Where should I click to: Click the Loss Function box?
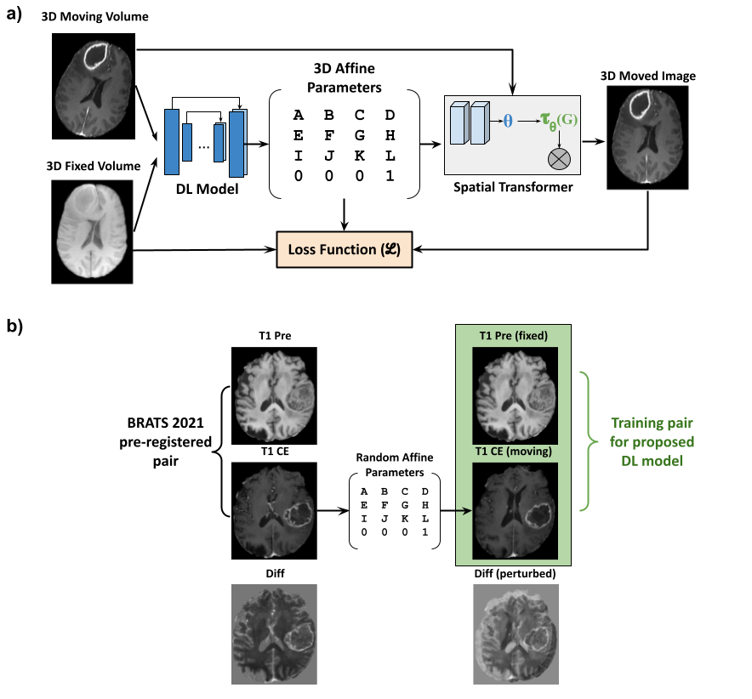pos(345,250)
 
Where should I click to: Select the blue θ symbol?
pos(508,122)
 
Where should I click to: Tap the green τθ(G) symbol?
pos(559,122)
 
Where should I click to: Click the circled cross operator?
pos(559,157)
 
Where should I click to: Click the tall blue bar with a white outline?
pos(236,144)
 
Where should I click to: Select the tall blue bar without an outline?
pos(172,141)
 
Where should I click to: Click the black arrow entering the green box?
pos(464,511)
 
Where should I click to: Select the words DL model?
pos(652,460)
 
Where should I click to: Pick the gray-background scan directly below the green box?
pos(516,634)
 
